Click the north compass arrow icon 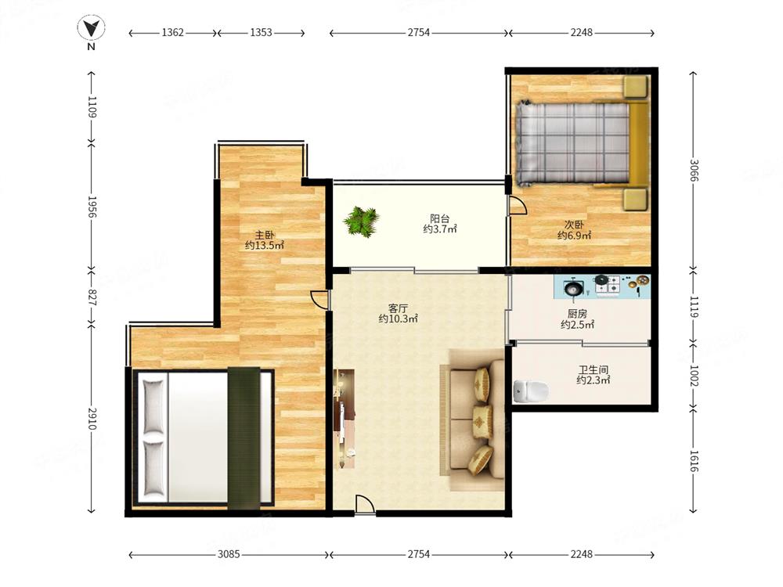tap(91, 28)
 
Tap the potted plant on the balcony tap(361, 221)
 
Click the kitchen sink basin tap(572, 288)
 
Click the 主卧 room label tap(264, 235)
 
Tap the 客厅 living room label tap(398, 308)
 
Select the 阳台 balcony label tap(439, 218)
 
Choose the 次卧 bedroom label tap(574, 225)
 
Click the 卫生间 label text tap(594, 369)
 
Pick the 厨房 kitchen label tap(577, 314)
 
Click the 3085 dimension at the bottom tap(229, 554)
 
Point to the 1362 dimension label tap(173, 32)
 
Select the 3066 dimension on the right tap(694, 170)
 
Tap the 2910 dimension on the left tap(92, 418)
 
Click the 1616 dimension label tap(694, 461)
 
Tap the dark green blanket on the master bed tap(244, 438)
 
